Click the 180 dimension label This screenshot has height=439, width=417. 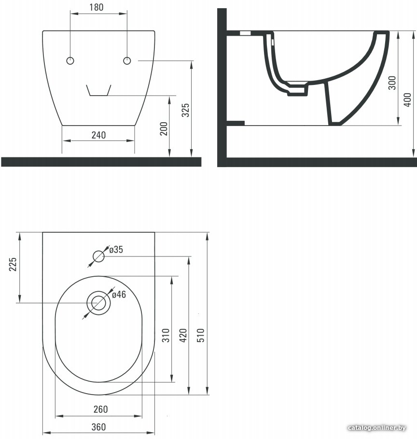pos(96,7)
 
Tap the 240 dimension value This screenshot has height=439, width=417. pos(98,135)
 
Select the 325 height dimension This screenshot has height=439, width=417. pos(185,110)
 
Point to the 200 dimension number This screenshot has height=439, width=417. pos(164,128)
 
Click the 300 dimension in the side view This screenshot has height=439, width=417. pos(392,83)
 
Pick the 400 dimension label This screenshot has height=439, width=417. pos(407,99)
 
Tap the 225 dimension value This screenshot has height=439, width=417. pos(13,264)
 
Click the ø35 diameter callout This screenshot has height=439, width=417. pos(116,250)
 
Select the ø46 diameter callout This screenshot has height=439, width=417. pos(119,294)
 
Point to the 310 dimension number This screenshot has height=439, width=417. pos(166,336)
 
